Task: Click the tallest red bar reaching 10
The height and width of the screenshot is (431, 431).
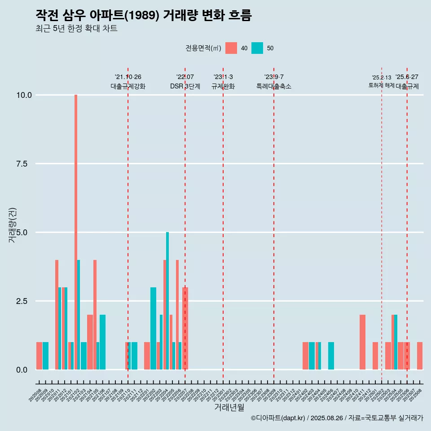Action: point(76,224)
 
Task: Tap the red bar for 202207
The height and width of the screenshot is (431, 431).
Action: point(185,328)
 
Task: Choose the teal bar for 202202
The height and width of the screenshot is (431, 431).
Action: point(153,328)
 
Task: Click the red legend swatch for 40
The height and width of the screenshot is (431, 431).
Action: point(231,48)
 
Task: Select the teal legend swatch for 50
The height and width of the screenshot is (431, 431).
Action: point(257,48)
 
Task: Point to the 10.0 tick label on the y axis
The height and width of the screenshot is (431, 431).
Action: point(23,95)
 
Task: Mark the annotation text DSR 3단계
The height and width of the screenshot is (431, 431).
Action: point(185,86)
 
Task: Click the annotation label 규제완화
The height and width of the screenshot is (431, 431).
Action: point(223,86)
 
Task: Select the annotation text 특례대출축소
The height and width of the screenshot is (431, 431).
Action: point(274,86)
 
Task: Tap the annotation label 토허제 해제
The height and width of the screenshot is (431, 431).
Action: point(381,85)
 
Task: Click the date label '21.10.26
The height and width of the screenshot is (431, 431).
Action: point(128,77)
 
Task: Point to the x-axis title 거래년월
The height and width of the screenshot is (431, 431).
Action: point(229,408)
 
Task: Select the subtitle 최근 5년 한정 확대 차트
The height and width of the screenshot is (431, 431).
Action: point(76,29)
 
